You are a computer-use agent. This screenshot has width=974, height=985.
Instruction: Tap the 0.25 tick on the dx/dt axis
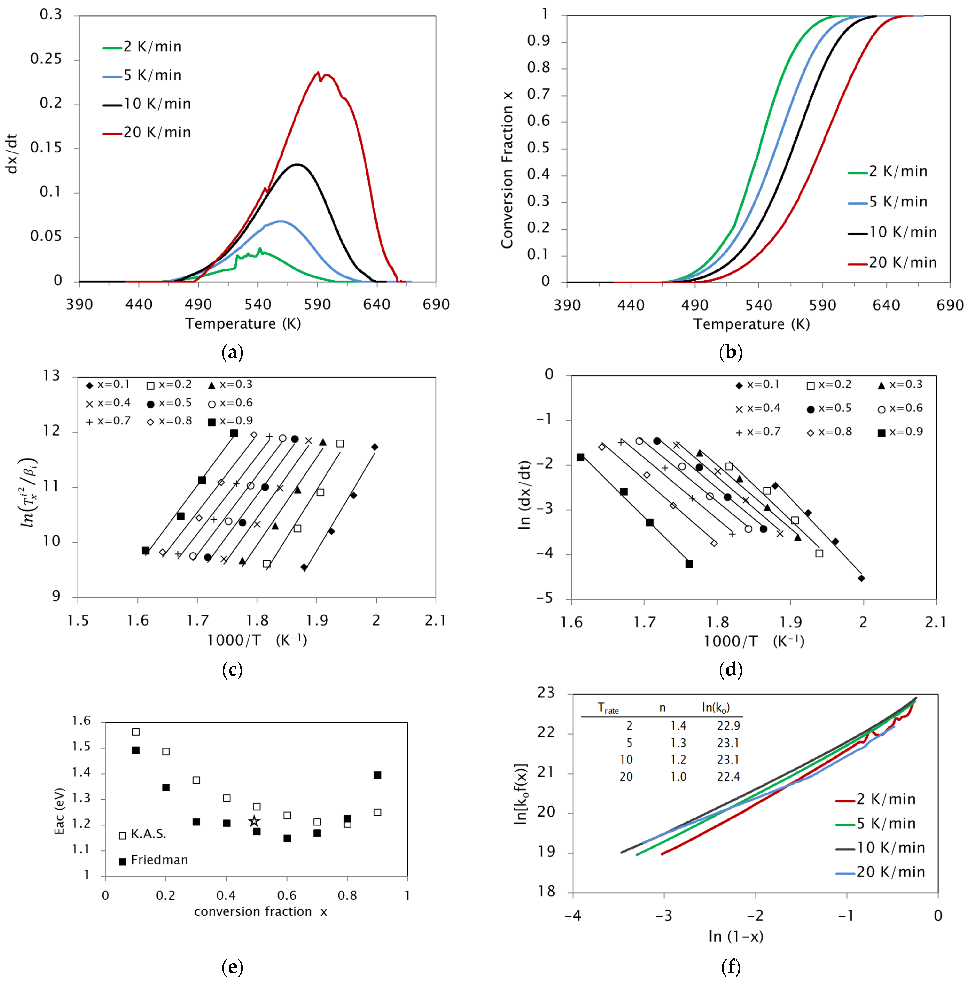pos(47,59)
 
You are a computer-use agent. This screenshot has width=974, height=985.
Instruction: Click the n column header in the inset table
pos(662,708)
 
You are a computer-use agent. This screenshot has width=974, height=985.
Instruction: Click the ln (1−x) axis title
pos(736,936)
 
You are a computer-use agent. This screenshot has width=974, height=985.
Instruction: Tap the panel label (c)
pos(233,670)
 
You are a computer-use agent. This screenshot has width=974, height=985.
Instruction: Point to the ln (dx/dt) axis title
pos(524,494)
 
